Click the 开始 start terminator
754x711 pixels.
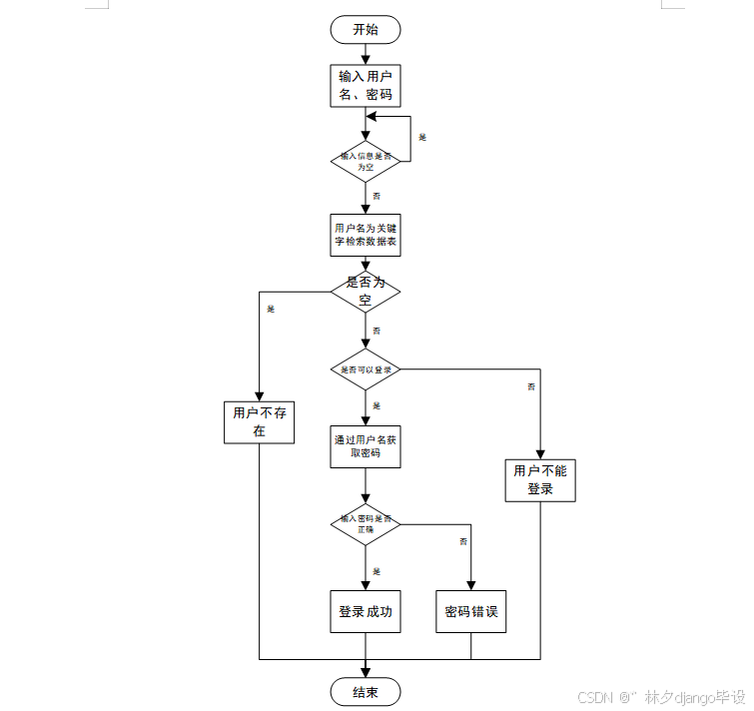pos(366,30)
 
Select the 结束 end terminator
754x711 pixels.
pos(366,692)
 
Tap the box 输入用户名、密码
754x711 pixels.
pos(366,86)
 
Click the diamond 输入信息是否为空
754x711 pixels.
pos(366,162)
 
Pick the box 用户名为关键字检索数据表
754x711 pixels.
pos(366,235)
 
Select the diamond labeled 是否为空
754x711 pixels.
pos(366,291)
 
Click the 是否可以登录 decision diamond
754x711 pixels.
pos(366,369)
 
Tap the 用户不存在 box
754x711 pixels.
pos(259,421)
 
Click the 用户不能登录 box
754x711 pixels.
pos(540,480)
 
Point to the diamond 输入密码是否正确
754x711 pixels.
pos(366,524)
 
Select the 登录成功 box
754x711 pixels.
pos(366,612)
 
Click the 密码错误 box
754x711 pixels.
pos(470,612)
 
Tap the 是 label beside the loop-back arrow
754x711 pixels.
pos(422,137)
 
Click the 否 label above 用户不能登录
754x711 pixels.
pos(531,386)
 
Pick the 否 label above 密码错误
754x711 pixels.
pos(463,541)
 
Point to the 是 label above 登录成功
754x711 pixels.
pos(377,571)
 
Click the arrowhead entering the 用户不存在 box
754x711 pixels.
pos(259,394)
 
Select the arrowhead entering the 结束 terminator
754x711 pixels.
pos(366,674)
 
